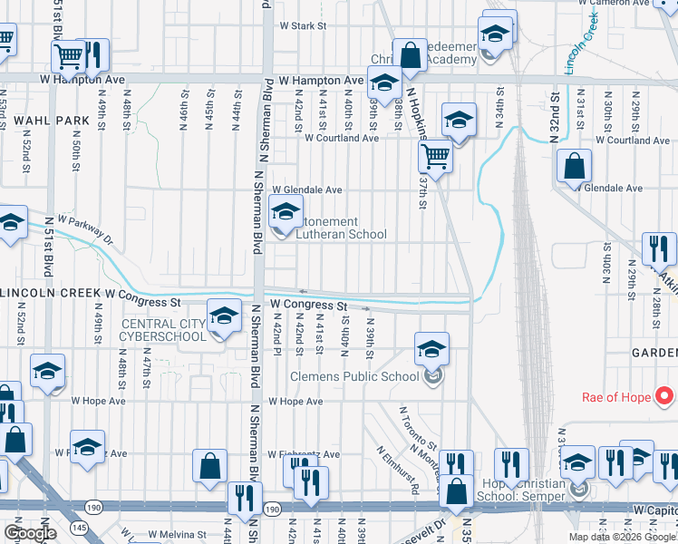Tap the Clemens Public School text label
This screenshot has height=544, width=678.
354,377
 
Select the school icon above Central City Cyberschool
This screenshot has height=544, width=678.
224,316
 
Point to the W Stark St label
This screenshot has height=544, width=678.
303,26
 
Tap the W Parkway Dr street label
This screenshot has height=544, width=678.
84,230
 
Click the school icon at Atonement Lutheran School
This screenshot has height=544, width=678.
286,214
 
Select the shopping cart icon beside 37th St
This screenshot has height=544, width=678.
435,157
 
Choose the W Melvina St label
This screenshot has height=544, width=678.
178,535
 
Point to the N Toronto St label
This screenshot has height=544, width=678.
420,426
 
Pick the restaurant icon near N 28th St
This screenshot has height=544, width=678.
659,248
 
